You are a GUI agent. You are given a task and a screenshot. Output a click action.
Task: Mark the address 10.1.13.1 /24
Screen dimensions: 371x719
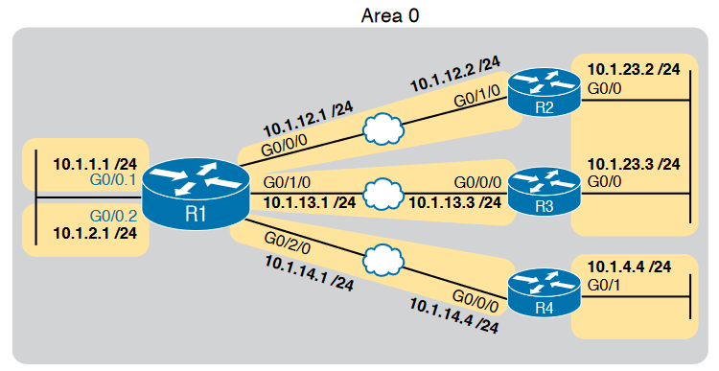tap(309, 202)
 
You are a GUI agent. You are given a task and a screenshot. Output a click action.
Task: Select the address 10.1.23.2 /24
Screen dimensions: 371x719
tap(633, 70)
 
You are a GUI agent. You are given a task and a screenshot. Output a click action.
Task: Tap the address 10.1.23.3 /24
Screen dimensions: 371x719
tap(633, 164)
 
